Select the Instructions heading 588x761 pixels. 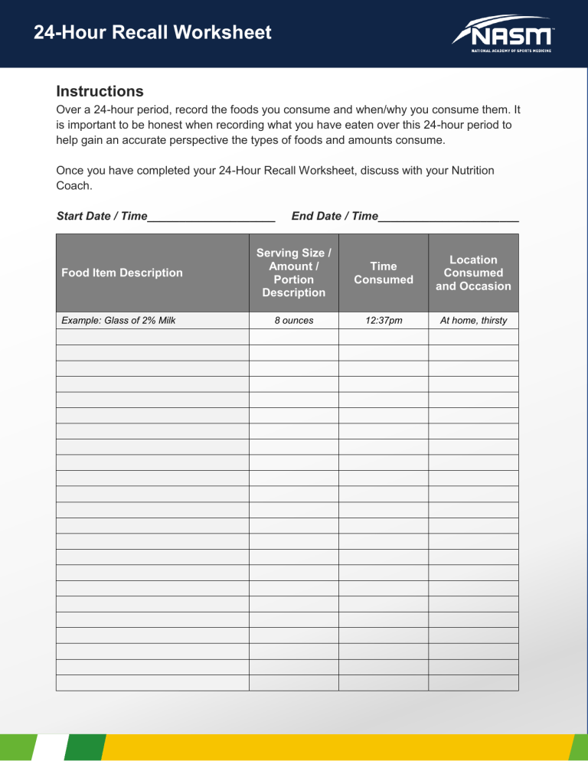100,91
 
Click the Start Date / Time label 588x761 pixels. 102,217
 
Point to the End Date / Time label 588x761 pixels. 335,217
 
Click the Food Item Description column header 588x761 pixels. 119,273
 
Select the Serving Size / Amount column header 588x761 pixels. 293,273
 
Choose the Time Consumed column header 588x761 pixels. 383,273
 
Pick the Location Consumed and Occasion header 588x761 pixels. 473,273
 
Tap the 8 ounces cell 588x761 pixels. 293,320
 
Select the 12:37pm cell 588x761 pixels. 383,320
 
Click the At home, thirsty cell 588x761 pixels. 473,320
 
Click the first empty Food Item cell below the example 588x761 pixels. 152,337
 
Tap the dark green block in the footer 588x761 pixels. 85,748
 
